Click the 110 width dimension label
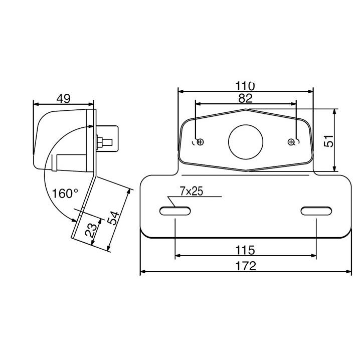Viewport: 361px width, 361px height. tap(245, 86)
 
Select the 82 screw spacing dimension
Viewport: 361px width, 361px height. tap(245, 98)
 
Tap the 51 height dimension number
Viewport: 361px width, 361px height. tap(328, 141)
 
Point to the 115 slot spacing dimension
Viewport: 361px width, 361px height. tap(245, 250)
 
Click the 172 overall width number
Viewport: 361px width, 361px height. tap(246, 266)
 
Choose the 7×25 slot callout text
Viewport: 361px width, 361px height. tap(192, 191)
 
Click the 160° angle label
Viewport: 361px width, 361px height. tap(65, 194)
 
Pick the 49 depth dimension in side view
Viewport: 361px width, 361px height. tap(63, 99)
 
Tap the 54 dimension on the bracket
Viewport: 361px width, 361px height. tap(114, 218)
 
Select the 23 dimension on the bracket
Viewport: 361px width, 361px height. tap(91, 230)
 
